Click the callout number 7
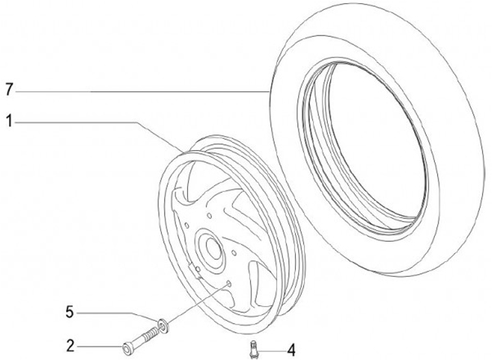9,90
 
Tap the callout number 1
10,121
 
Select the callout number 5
70,312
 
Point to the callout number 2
70,346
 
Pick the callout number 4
291,350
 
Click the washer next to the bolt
163,326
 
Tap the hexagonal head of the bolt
127,348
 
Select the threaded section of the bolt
150,333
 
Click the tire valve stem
254,349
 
